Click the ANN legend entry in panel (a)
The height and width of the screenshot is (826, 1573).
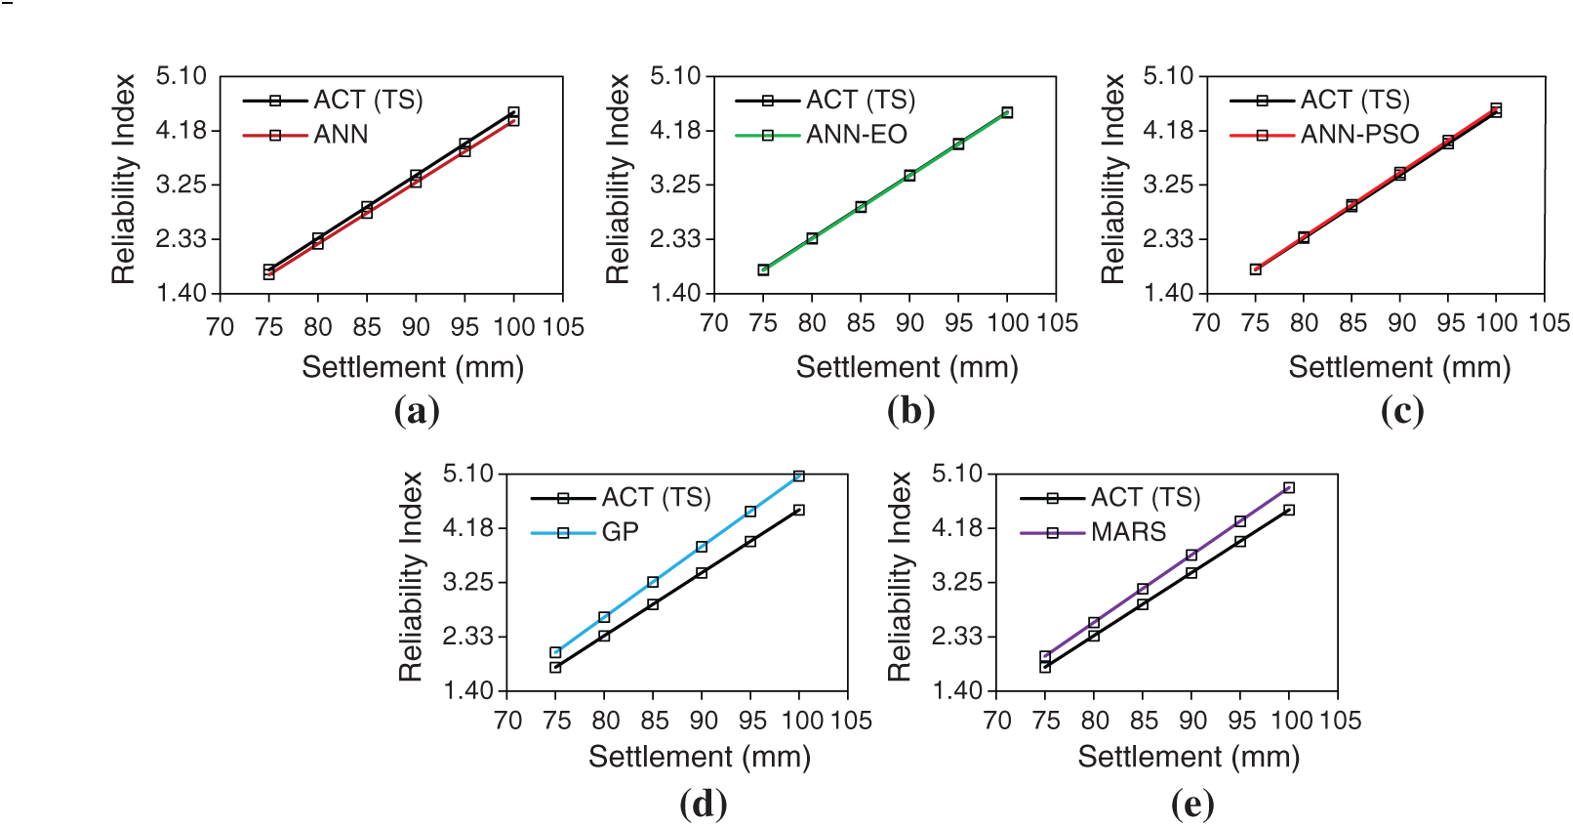click(x=341, y=135)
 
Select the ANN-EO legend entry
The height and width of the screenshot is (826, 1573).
click(x=856, y=135)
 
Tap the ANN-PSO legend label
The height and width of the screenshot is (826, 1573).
click(x=1359, y=135)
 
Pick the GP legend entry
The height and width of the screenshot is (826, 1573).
click(x=620, y=532)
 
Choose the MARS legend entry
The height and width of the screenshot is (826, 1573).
click(x=1128, y=532)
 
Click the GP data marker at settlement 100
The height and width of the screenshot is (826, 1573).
click(x=799, y=476)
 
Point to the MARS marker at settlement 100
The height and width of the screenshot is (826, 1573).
click(x=1289, y=487)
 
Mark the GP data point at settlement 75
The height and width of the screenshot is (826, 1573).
click(x=555, y=652)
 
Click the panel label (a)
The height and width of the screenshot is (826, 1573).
click(x=417, y=411)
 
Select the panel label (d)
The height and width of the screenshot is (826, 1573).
click(x=703, y=805)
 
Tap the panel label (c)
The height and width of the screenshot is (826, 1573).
click(x=1402, y=411)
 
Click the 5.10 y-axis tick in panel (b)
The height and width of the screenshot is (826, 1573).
click(x=675, y=76)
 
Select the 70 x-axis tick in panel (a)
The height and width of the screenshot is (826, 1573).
click(x=221, y=327)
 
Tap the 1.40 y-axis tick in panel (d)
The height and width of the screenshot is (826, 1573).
click(x=468, y=691)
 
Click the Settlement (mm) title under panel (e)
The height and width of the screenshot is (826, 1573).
click(x=1189, y=757)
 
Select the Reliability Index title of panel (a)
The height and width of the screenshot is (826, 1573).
click(x=124, y=179)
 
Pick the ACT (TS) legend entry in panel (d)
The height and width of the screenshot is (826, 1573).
click(x=656, y=498)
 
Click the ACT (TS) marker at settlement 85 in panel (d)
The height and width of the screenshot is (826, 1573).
click(x=653, y=604)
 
